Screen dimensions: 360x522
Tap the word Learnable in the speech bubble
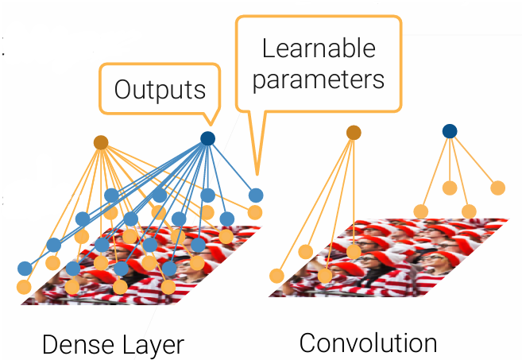pos(319,48)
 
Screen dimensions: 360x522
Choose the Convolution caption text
pos(368,343)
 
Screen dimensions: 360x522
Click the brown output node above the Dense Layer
pos(101,142)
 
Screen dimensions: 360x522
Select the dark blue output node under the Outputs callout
pos(207,138)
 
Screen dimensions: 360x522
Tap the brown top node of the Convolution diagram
pos(354,133)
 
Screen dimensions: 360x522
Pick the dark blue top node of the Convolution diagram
pos(450,131)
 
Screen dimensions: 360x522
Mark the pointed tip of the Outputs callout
pos(208,127)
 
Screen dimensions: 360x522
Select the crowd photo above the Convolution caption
pos(389,254)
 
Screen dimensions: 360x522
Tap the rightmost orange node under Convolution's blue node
pos(497,188)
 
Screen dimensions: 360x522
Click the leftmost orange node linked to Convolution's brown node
pos(276,276)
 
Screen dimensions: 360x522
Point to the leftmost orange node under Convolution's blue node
pos(421,211)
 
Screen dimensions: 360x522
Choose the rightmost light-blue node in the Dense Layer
pos(255,195)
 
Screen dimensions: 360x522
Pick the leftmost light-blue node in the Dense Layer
pos(25,268)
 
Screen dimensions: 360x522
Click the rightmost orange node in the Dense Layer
pos(254,212)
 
